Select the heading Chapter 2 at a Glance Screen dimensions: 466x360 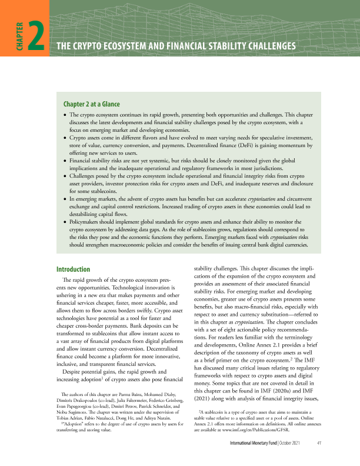pyautogui.click(x=95, y=104)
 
